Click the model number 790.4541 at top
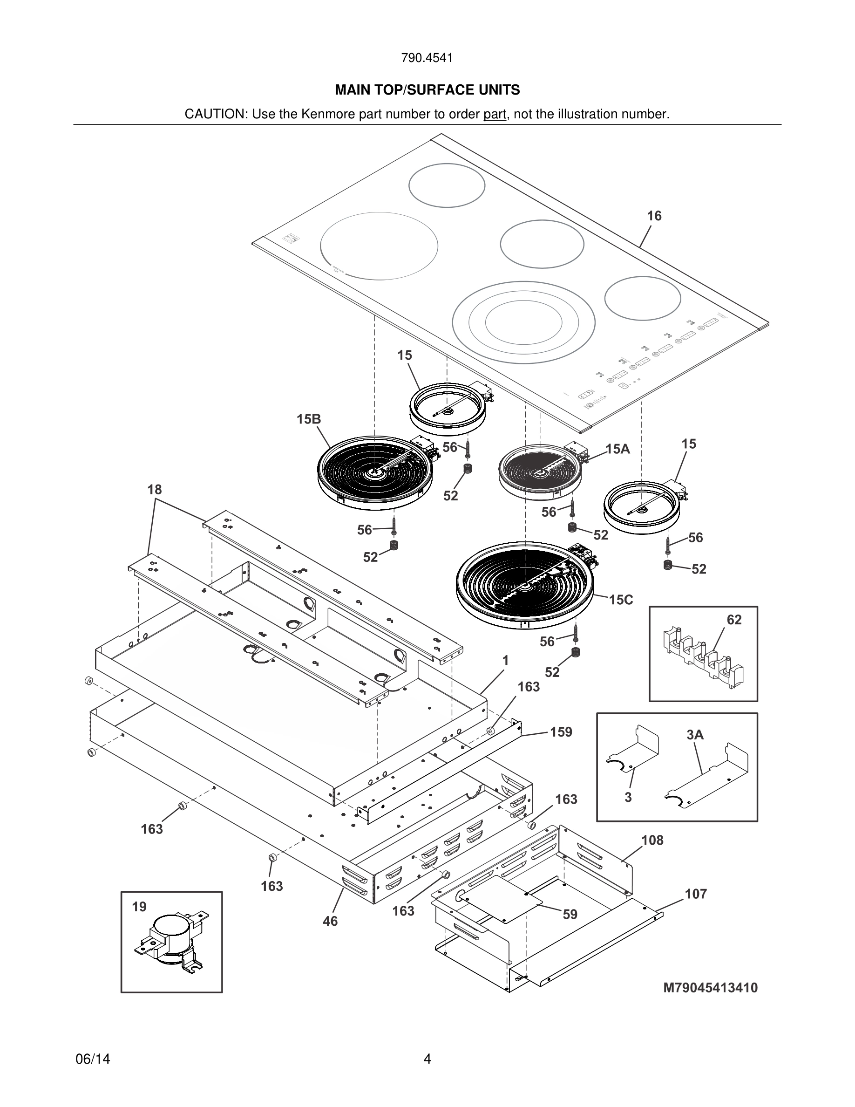tap(427, 58)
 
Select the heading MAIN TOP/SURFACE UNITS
tap(427, 90)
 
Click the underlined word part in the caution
tap(495, 115)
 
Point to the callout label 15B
tap(308, 419)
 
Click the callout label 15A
tap(617, 449)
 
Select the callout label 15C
tap(620, 600)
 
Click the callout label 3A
tap(695, 734)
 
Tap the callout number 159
tap(561, 732)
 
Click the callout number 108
tap(652, 840)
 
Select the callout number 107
tap(695, 894)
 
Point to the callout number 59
tap(570, 915)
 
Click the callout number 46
tap(330, 921)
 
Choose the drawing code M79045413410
tap(710, 988)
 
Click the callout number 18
tap(155, 490)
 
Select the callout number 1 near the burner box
tap(505, 661)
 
